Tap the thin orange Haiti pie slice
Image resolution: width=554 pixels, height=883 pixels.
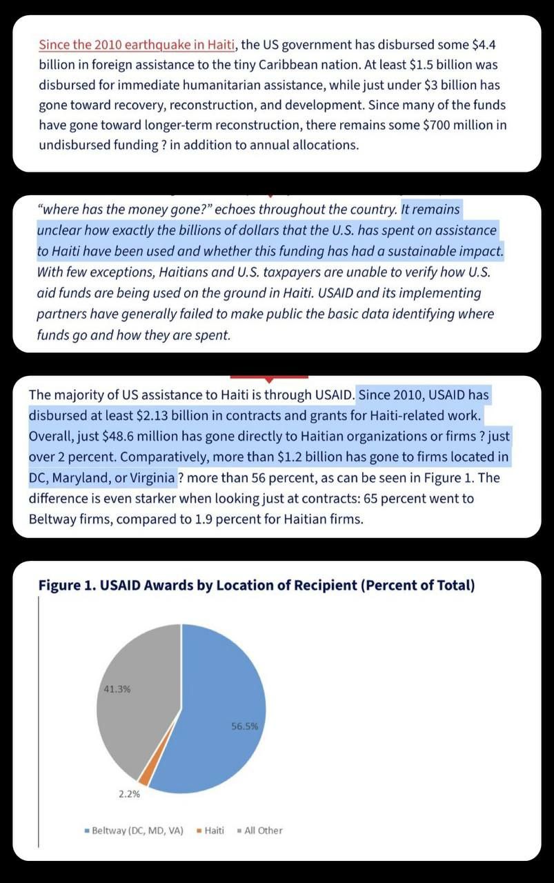[x=144, y=777]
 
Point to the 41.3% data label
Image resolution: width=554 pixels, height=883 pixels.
[x=117, y=689]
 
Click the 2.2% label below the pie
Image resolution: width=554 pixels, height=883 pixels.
[x=129, y=794]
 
